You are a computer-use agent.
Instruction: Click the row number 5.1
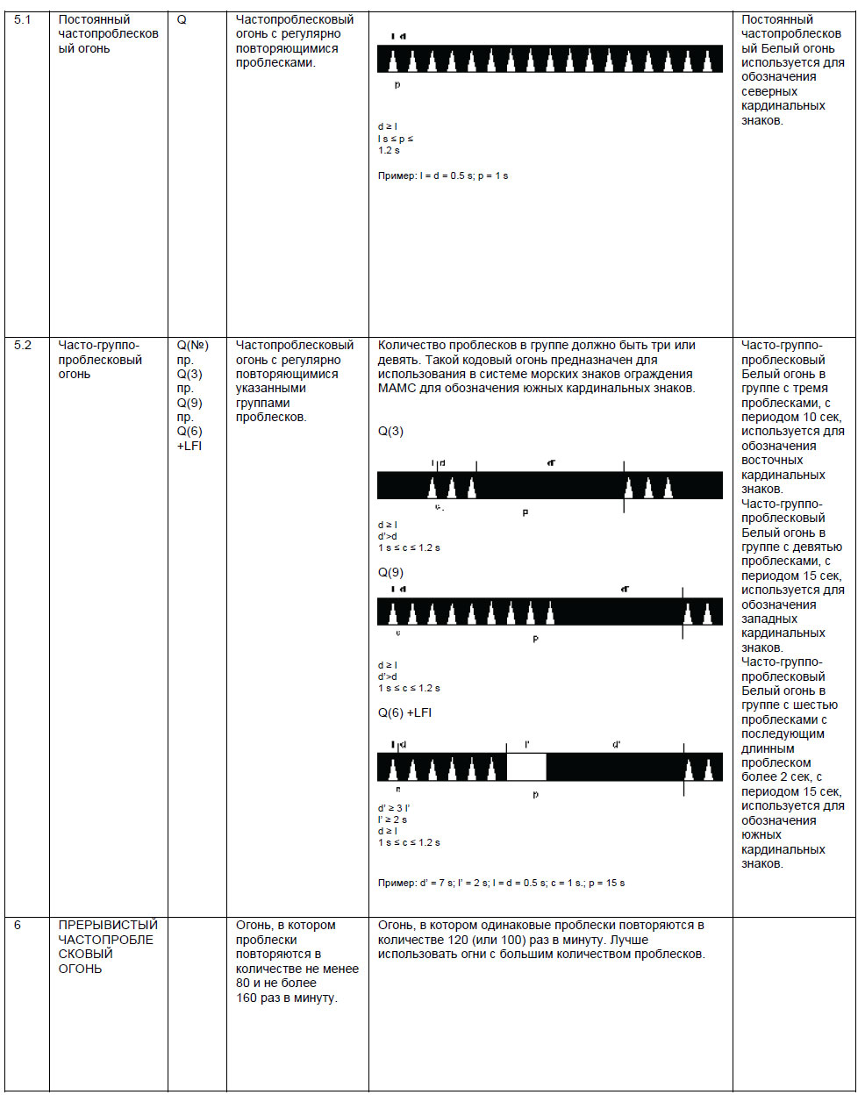point(22,19)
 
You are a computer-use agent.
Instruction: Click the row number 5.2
point(22,345)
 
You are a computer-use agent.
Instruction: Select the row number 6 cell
point(18,925)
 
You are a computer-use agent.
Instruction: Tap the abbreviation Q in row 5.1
point(182,19)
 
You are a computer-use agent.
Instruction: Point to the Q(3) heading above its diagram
point(390,431)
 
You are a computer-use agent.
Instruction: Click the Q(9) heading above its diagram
point(390,572)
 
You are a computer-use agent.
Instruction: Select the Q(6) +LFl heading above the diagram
point(404,712)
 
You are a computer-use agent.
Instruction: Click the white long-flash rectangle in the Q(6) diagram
point(526,767)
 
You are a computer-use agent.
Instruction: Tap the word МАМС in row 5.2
point(397,388)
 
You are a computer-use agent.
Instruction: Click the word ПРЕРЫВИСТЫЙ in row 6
point(108,925)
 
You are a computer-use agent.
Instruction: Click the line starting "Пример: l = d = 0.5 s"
point(443,175)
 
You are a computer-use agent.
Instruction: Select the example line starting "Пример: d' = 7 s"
point(501,883)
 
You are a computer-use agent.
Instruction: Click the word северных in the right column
point(768,91)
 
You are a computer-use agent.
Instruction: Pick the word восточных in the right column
point(772,460)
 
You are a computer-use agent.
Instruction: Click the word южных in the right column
point(761,834)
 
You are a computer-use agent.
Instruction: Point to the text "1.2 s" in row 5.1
point(389,150)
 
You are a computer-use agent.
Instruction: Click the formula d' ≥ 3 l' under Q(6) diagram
point(394,808)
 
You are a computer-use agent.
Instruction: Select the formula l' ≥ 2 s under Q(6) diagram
point(392,819)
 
